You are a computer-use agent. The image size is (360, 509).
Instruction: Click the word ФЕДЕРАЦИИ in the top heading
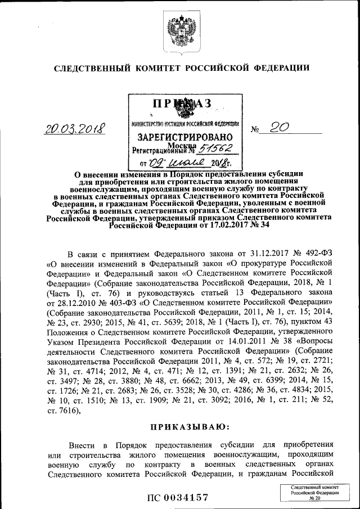[x=281, y=69]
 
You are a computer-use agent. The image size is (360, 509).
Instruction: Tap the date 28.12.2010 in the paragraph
[x=75, y=303]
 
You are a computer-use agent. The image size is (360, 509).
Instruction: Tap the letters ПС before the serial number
[x=155, y=497]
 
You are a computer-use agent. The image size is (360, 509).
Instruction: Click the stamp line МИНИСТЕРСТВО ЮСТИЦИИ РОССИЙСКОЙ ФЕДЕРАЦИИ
[x=185, y=123]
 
